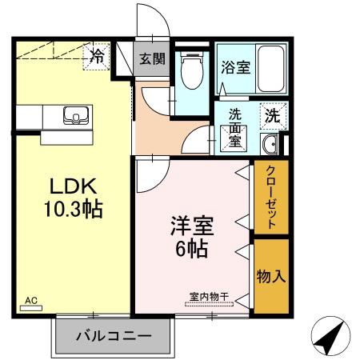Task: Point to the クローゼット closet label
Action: coord(271,198)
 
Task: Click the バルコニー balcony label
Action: coord(113,335)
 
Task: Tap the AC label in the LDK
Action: coord(31,301)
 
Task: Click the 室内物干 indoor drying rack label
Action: coord(209,297)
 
